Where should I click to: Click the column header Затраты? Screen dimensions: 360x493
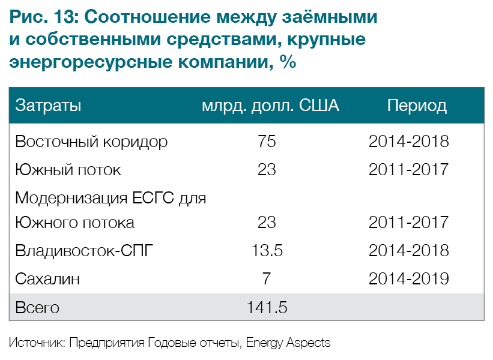coord(48,106)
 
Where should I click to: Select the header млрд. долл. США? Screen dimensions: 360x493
coord(270,106)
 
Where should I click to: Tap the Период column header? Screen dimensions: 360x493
coord(417,106)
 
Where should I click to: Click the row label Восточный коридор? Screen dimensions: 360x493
coord(91,142)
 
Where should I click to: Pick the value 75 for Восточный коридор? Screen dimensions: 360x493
coord(267,142)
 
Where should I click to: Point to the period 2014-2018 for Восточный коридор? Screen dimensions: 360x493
coord(408,142)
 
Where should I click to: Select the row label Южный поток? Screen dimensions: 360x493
coord(68,170)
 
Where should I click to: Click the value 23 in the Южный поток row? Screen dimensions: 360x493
coord(267,170)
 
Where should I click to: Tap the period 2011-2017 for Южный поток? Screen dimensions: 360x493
coord(408,170)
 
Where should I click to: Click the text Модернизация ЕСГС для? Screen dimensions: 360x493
coord(111,198)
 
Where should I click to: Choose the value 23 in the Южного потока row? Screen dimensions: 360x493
coord(267,223)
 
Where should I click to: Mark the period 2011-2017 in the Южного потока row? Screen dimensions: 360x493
coord(408,223)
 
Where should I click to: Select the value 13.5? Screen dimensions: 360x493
coord(267,250)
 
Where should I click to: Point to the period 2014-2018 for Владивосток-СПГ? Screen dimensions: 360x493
coord(408,250)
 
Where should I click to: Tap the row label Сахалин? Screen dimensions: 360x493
coord(47,279)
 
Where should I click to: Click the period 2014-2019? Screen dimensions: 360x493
coord(408,279)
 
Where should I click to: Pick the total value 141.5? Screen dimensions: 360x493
coord(267,308)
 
